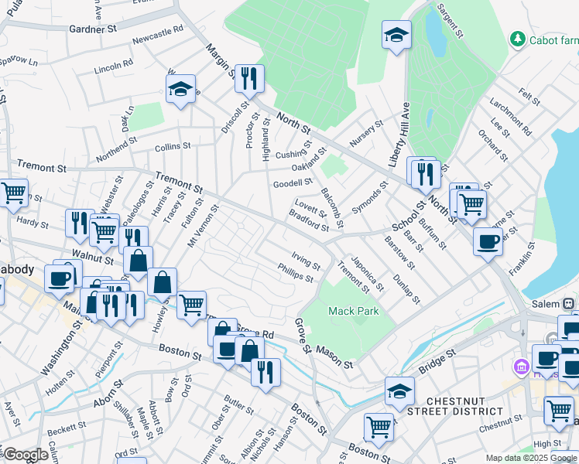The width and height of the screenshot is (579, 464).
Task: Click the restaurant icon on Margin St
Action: (249, 78)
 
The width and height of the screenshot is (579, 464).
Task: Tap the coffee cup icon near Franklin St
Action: (488, 241)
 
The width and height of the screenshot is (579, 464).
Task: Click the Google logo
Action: (26, 455)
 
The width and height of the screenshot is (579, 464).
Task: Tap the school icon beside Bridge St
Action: (399, 390)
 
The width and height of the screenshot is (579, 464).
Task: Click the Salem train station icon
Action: (570, 304)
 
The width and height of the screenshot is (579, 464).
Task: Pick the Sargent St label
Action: (448, 21)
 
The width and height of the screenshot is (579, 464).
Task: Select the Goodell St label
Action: (293, 184)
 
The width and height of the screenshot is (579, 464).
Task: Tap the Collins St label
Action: (172, 146)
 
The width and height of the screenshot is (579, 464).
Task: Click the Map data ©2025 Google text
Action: (532, 458)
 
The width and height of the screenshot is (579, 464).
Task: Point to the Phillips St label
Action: (296, 272)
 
